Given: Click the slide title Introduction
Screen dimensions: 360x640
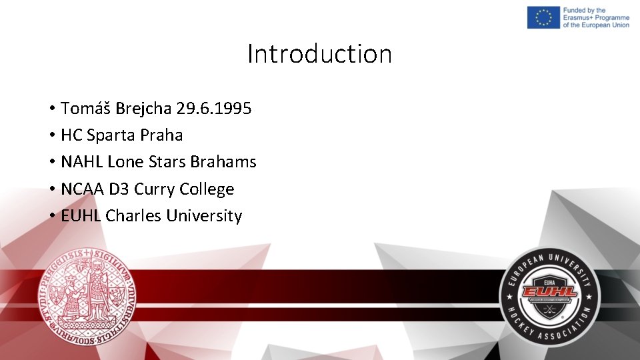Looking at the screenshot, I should click(x=319, y=54).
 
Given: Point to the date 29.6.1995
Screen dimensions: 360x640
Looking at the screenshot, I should click(x=214, y=108).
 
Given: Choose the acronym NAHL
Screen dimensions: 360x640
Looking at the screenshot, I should click(x=81, y=162).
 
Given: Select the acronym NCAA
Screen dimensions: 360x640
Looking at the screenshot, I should click(x=83, y=189).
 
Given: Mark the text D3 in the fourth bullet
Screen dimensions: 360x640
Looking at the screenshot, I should click(x=119, y=189).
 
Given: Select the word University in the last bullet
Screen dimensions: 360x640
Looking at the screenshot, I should click(x=204, y=217).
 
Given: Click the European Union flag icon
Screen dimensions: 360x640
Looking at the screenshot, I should click(x=543, y=17).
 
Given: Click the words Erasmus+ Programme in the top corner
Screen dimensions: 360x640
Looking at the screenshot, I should click(x=596, y=17).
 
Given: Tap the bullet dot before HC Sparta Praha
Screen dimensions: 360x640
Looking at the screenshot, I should click(x=51, y=135).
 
